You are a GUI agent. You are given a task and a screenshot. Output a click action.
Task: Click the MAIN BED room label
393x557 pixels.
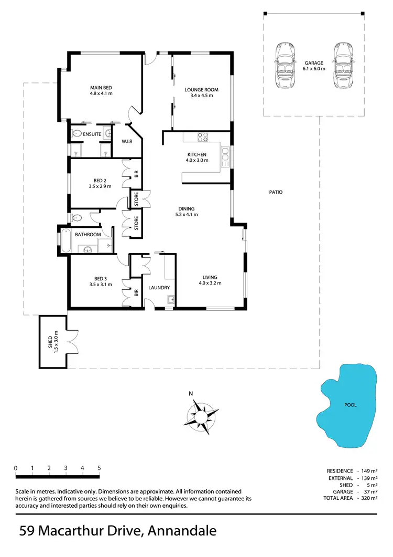tap(101, 87)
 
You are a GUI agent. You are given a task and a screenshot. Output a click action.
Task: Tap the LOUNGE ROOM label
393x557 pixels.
tap(201, 90)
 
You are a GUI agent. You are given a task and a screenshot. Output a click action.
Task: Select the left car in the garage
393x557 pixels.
tap(286, 66)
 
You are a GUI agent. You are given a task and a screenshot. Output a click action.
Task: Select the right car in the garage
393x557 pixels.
tap(342, 66)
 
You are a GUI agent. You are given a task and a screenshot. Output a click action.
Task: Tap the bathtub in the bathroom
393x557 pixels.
tap(67, 241)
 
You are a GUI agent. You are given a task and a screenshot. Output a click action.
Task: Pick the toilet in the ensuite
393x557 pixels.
tap(77, 133)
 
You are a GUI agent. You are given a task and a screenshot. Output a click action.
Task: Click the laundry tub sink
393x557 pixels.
tap(170, 300)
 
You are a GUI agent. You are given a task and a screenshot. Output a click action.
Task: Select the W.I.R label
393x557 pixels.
tap(126, 141)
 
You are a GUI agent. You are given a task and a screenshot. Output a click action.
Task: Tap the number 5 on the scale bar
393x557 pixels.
tap(99, 467)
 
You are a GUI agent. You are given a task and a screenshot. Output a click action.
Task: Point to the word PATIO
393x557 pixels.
tap(276, 192)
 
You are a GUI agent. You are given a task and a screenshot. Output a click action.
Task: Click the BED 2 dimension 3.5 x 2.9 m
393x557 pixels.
tap(100, 186)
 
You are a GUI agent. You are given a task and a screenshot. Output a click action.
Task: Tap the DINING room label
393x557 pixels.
tap(186, 208)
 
